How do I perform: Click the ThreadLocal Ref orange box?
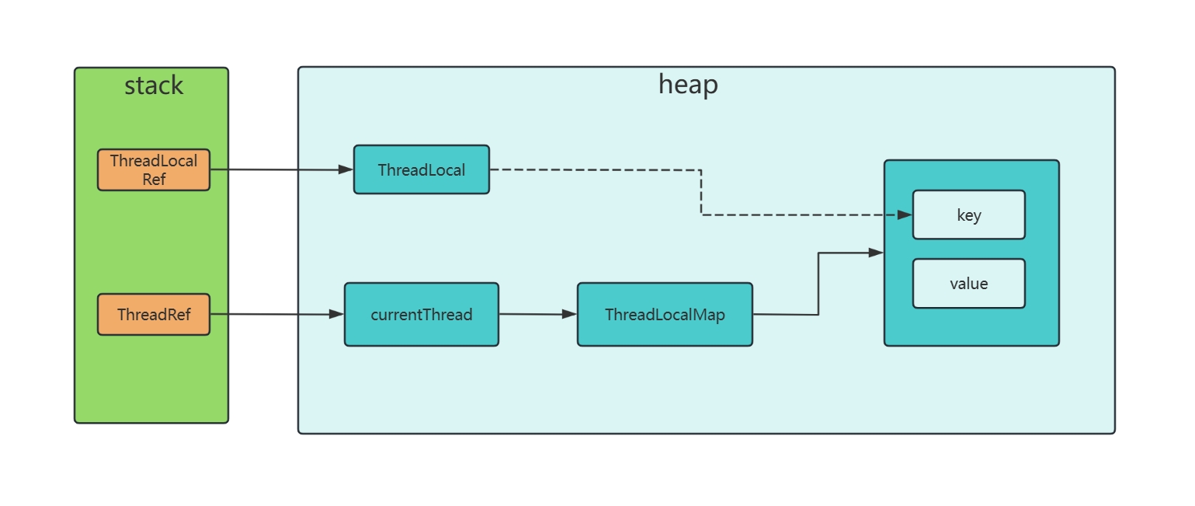click(154, 169)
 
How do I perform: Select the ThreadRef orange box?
click(154, 314)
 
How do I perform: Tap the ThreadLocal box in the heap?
click(421, 169)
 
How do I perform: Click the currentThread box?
click(421, 314)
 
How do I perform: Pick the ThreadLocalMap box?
click(665, 314)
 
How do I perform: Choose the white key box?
click(968, 215)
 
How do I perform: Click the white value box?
click(968, 283)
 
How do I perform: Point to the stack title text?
click(154, 85)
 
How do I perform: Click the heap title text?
click(688, 84)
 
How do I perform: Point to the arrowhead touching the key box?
click(905, 215)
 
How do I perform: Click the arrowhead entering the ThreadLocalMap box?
click(570, 314)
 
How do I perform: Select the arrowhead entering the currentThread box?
click(337, 314)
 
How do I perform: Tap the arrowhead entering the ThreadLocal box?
click(346, 169)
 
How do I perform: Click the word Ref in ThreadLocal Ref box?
click(154, 179)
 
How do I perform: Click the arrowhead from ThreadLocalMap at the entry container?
click(877, 252)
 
